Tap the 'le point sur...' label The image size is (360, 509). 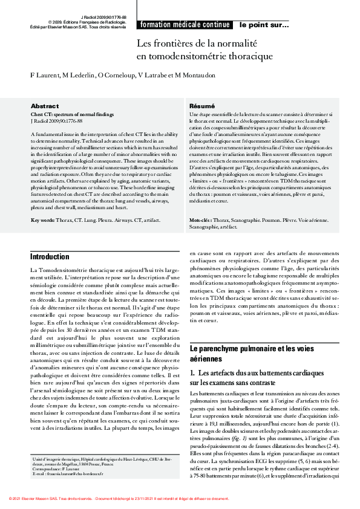click(264, 25)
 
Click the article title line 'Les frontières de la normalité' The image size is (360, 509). click(197, 44)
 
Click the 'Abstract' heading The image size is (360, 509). click(44, 105)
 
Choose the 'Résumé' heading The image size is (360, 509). click(201, 105)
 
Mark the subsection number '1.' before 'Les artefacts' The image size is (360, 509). click(193, 374)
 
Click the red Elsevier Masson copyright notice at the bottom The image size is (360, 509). click(119, 499)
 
